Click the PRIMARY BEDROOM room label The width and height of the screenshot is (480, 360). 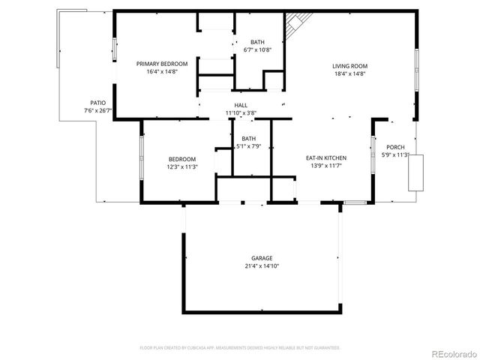pos(161,64)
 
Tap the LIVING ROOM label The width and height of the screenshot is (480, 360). pos(349,65)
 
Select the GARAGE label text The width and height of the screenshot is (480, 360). pos(262,257)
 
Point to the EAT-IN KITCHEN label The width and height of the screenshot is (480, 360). pos(325,157)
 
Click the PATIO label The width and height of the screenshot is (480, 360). pos(97,103)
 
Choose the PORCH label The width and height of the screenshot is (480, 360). pos(395,147)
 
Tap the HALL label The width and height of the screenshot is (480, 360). pos(241,105)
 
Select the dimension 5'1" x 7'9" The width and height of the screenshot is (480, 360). pos(248,146)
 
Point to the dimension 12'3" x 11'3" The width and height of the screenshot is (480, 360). pos(181,166)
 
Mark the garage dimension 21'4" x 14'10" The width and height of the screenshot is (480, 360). pos(262,265)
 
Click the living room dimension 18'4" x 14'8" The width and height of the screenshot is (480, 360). pos(349,73)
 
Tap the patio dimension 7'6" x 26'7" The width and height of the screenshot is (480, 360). pos(97,110)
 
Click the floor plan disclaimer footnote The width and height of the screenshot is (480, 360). pos(240,348)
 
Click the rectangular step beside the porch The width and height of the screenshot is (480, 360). pos(415,172)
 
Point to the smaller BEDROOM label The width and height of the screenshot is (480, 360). pos(181,159)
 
